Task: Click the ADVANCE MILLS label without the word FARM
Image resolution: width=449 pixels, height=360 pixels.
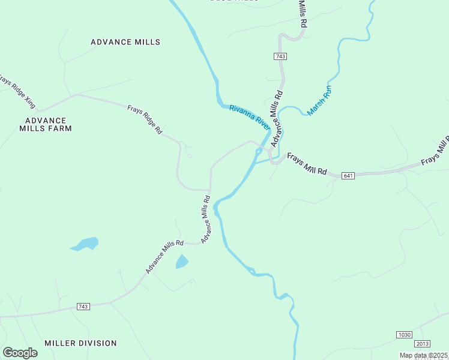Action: coord(125,42)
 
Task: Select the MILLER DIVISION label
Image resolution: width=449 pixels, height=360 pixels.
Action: coord(80,343)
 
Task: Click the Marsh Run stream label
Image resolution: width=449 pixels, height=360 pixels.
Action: coord(319,100)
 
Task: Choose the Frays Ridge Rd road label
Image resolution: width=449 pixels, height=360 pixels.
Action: coord(145,119)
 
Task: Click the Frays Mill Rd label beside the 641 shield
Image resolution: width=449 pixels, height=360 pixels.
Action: coord(306,164)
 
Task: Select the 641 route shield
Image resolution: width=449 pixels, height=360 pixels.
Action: coord(349,175)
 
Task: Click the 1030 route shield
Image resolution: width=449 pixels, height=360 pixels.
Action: coord(405,334)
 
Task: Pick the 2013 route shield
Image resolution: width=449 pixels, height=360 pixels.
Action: coord(422,343)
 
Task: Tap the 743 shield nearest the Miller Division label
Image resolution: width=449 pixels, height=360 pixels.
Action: coord(83,307)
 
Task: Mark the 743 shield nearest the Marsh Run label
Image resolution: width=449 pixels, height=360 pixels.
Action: coord(280,56)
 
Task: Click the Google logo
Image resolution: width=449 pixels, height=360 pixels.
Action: coord(20,353)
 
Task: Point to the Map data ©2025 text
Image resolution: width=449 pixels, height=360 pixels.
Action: coord(424,355)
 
